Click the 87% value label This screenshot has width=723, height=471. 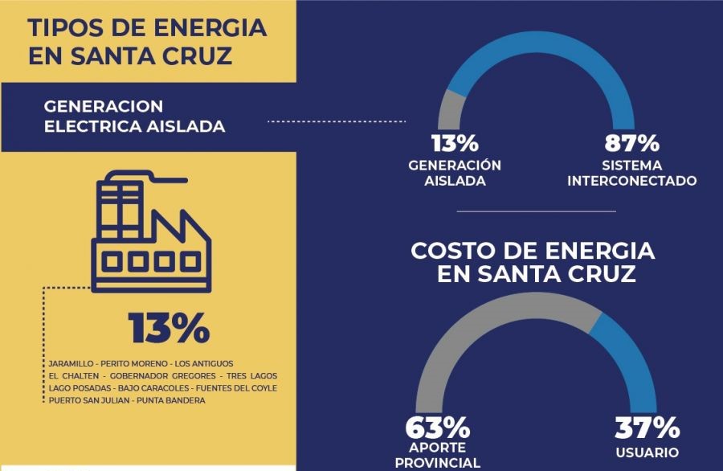(x=631, y=144)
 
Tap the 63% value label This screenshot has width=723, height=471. (x=438, y=427)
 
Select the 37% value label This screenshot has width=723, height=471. (x=647, y=427)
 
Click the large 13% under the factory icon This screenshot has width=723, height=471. (x=169, y=329)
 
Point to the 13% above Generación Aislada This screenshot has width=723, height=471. (x=455, y=144)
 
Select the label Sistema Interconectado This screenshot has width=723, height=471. (x=631, y=173)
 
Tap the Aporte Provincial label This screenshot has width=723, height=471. (x=438, y=456)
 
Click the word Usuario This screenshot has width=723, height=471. (x=647, y=453)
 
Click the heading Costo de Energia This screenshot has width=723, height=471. (x=533, y=251)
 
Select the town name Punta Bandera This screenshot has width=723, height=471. (x=170, y=400)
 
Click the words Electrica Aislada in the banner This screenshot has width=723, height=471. (x=134, y=126)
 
